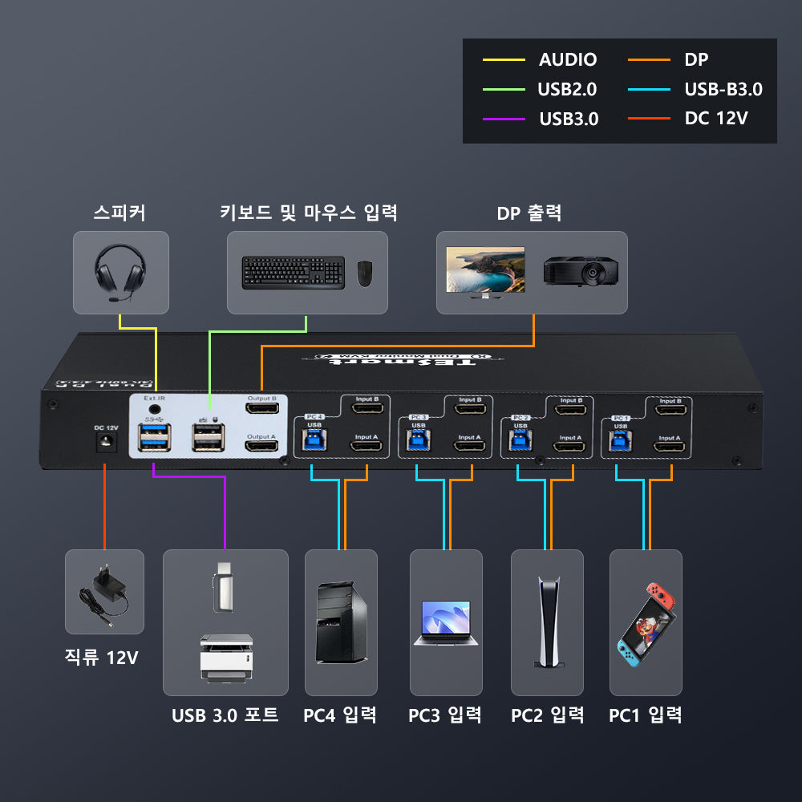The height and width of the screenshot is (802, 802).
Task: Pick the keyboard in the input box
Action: (294, 273)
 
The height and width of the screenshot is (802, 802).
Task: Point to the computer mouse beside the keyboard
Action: (365, 273)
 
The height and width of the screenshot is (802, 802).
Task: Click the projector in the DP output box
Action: (581, 271)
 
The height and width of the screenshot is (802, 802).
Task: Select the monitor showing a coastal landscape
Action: (485, 272)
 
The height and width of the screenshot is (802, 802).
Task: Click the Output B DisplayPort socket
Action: (261, 410)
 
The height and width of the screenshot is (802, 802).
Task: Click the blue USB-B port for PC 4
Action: (313, 440)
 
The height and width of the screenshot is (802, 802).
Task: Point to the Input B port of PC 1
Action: (670, 411)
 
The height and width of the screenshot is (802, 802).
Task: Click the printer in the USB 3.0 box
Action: (225, 658)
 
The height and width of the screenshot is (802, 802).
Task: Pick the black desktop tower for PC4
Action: (342, 622)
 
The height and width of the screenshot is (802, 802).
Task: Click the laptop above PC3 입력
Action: (446, 623)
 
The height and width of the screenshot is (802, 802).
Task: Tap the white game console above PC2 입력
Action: (548, 622)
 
